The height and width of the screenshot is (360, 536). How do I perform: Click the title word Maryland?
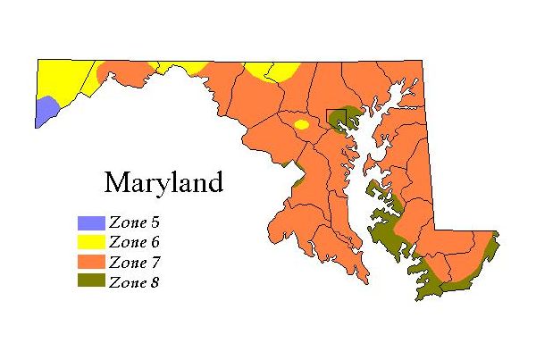coord(163,183)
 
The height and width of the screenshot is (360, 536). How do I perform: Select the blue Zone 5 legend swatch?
coord(90,222)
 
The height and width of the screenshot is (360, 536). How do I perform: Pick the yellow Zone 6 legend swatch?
coord(90,242)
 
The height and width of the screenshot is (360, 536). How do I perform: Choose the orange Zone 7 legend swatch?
coord(90,262)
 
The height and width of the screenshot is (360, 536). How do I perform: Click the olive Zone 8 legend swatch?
coord(90,281)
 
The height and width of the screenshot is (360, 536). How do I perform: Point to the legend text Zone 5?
coord(134,222)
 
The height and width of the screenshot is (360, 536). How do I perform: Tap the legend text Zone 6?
coord(134,242)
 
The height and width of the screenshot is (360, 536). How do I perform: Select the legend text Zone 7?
coord(134,262)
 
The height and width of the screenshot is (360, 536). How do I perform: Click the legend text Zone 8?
coord(134,281)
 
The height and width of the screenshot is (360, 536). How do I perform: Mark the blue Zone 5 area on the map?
coord(46,112)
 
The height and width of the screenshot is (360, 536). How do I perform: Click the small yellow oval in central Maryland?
coord(302,125)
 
